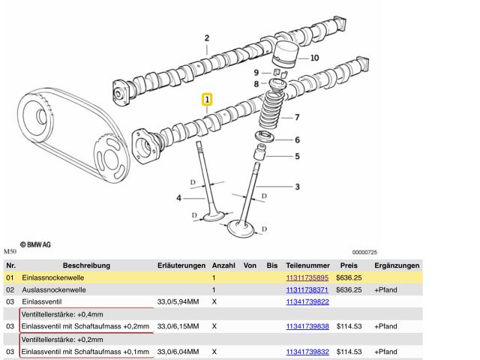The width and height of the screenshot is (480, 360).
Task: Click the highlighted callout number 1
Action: [x=207, y=99]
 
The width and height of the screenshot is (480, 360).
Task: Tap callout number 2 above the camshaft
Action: [x=206, y=37]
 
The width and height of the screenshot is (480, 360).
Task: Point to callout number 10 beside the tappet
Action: [x=314, y=58]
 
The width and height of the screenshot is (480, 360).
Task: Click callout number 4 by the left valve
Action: [x=179, y=198]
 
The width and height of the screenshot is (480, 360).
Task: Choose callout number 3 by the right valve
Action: [x=297, y=187]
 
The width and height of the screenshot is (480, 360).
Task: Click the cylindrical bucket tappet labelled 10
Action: [x=286, y=53]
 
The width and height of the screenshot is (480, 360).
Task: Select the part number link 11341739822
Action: [x=307, y=301]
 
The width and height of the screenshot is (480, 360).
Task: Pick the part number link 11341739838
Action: [x=307, y=326]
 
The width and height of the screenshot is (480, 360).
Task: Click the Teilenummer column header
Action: [x=307, y=265]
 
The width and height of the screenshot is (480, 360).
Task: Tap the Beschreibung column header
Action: [x=86, y=265]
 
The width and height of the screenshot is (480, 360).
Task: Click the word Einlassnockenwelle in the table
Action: [x=53, y=277]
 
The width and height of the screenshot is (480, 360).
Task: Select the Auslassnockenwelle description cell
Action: [x=53, y=289]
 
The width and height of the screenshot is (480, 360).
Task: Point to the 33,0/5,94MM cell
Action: [x=179, y=301]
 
